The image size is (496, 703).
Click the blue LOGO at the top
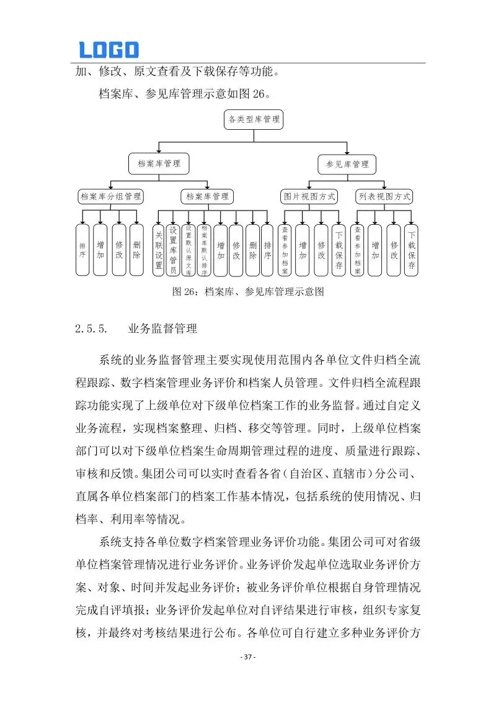tap(108, 50)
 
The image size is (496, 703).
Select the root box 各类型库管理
tap(253, 119)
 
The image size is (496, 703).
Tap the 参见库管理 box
tap(347, 164)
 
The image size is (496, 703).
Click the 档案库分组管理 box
tap(111, 197)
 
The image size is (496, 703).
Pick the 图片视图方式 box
tap(309, 197)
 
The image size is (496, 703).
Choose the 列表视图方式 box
tap(384, 197)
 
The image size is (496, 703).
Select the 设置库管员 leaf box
tap(174, 250)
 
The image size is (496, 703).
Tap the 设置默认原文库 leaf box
tap(189, 250)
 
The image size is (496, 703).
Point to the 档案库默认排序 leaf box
tap(204, 250)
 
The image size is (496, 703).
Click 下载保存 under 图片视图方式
tap(338, 250)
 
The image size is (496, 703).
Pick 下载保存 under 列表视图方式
tap(412, 250)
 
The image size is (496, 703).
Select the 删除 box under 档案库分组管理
tap(136, 250)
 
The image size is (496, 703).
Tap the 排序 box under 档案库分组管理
tap(82, 250)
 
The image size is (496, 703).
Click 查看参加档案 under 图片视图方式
tap(285, 250)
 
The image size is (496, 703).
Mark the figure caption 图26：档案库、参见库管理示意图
tap(248, 291)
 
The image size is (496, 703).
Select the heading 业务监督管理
tap(162, 329)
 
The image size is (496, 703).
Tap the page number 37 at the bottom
tap(248, 657)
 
